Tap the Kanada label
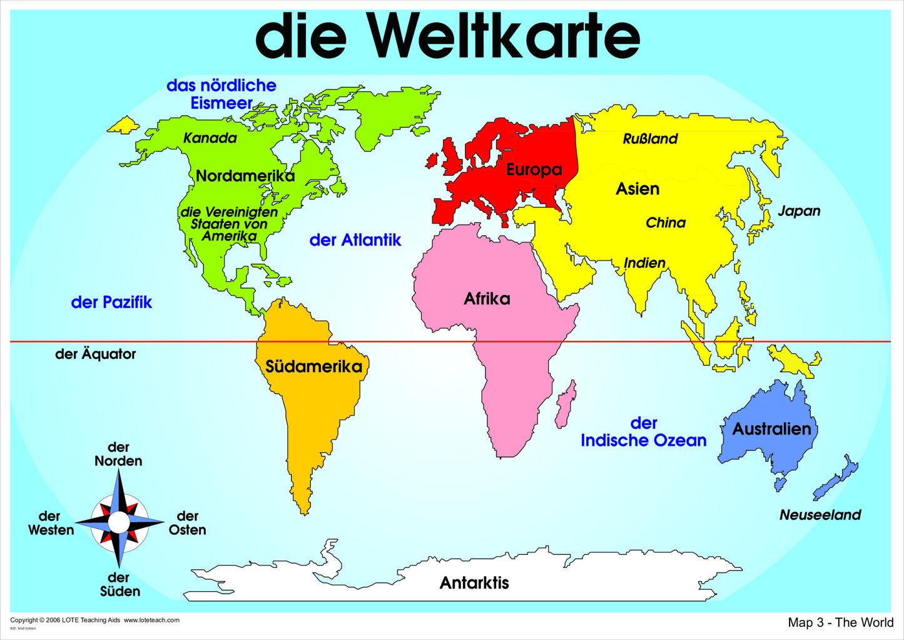point(210,138)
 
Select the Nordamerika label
point(245,176)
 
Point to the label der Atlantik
point(355,240)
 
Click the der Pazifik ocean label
point(111,302)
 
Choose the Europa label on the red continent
point(534,170)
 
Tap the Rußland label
point(650,139)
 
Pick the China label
point(666,223)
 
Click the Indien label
point(644,263)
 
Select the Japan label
point(799,211)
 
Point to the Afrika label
point(487,299)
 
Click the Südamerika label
point(313,366)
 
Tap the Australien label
point(771,429)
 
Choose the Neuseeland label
point(820,515)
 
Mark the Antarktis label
point(474,583)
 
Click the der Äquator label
point(95,354)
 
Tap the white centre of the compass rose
point(119,522)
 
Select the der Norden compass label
point(118,455)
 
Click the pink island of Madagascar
point(566,404)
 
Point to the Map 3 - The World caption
point(840,622)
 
